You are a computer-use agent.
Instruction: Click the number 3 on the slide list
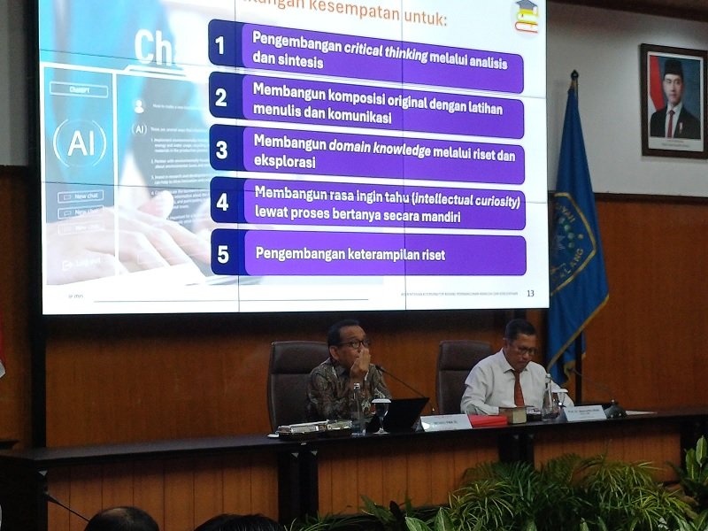click(222, 150)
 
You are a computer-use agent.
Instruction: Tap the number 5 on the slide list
click(223, 255)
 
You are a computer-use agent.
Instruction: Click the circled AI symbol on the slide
click(80, 143)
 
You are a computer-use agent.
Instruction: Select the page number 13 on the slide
click(530, 294)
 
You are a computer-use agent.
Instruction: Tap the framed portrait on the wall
click(673, 100)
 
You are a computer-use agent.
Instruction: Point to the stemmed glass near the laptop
click(381, 412)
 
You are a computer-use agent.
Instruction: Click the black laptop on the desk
click(402, 415)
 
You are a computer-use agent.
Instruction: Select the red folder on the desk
click(488, 421)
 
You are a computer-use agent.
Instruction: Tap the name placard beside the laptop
click(446, 423)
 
